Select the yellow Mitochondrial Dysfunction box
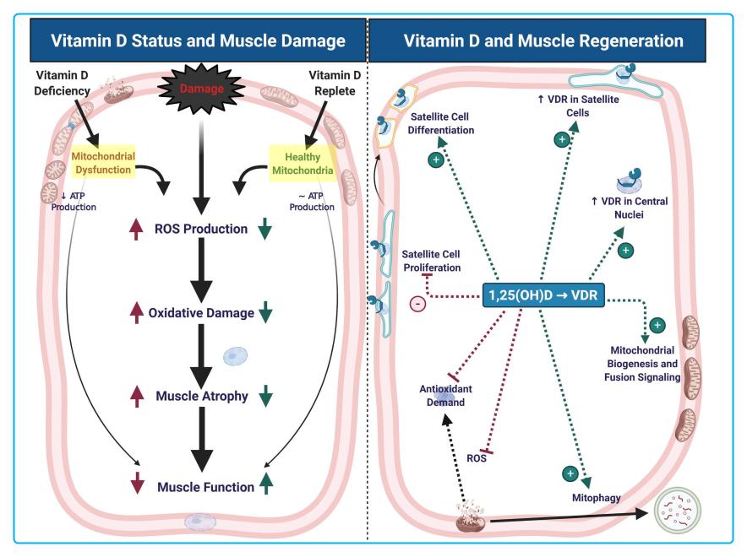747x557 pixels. point(101,164)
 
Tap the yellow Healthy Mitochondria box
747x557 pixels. point(303,164)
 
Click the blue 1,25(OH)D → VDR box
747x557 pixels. point(543,295)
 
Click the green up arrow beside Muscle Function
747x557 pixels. point(266,484)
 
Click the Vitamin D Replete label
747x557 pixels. point(334,84)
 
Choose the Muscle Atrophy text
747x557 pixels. point(202,396)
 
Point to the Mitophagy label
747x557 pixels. point(596,498)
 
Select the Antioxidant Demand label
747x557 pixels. point(445,396)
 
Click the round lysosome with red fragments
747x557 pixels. point(678,513)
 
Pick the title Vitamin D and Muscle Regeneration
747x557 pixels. point(543,41)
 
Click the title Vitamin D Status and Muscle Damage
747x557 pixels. point(199,41)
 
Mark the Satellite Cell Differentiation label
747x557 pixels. point(442,123)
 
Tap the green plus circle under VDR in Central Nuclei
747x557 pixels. point(625,251)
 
